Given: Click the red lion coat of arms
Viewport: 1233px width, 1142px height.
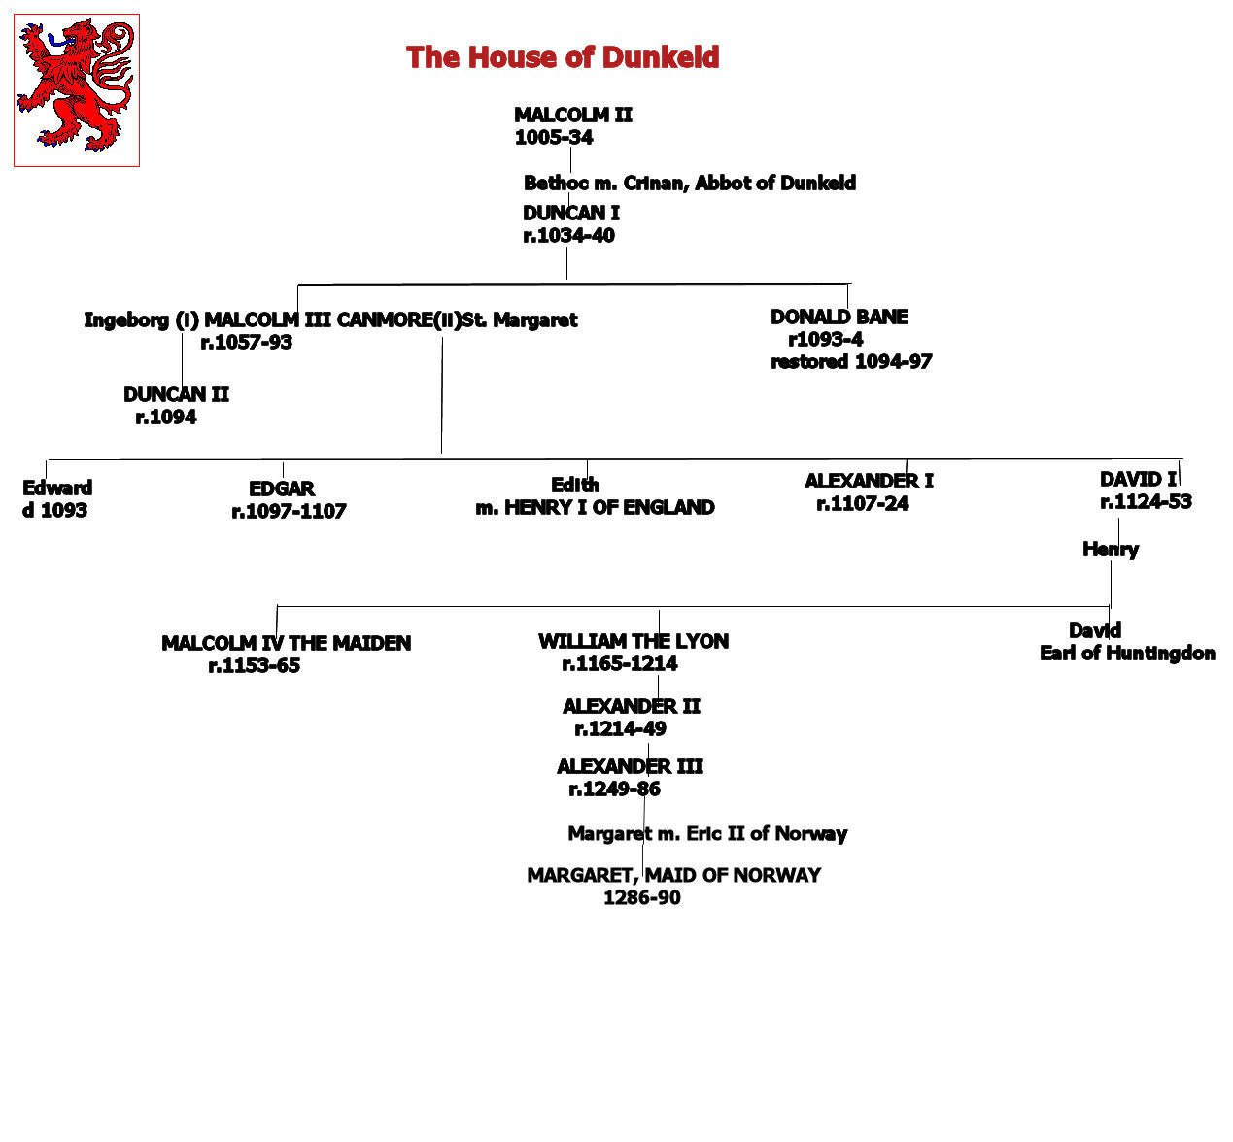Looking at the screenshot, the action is pos(77,90).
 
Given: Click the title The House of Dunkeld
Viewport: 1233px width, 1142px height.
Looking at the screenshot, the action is pos(563,57).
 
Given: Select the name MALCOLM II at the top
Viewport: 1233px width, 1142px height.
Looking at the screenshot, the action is pos(573,115).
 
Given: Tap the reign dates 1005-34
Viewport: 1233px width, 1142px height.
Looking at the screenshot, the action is pos(554,137).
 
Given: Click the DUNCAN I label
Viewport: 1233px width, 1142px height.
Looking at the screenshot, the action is pos(571,213).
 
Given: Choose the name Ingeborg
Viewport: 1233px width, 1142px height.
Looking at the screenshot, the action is pos(126,320).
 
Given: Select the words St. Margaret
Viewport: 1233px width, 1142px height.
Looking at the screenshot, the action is pos(520,319).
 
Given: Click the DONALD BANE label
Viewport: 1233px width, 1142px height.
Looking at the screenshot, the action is pos(839,317).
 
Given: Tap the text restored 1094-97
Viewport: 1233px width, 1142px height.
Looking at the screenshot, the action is pos(851,361).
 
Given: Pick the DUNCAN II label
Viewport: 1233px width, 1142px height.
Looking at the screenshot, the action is pos(176,394).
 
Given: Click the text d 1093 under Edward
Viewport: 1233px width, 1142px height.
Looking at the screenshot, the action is pos(54,510).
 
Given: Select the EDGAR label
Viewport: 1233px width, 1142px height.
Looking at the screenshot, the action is pos(282,488).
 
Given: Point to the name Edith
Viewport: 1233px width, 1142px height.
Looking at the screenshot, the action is pos(575,485).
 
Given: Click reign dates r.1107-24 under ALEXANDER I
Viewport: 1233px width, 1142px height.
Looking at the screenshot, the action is pos(863,503).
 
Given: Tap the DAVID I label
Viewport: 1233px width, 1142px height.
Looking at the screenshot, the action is pos(1138,479).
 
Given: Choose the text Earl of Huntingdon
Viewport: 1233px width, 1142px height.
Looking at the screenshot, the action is pos(1127,653).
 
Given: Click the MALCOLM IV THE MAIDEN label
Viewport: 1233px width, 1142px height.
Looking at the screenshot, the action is pos(287,643).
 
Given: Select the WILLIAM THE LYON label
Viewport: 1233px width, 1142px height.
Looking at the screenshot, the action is pos(634,641).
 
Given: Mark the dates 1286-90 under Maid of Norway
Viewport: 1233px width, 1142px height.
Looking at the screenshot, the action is pos(642,897).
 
